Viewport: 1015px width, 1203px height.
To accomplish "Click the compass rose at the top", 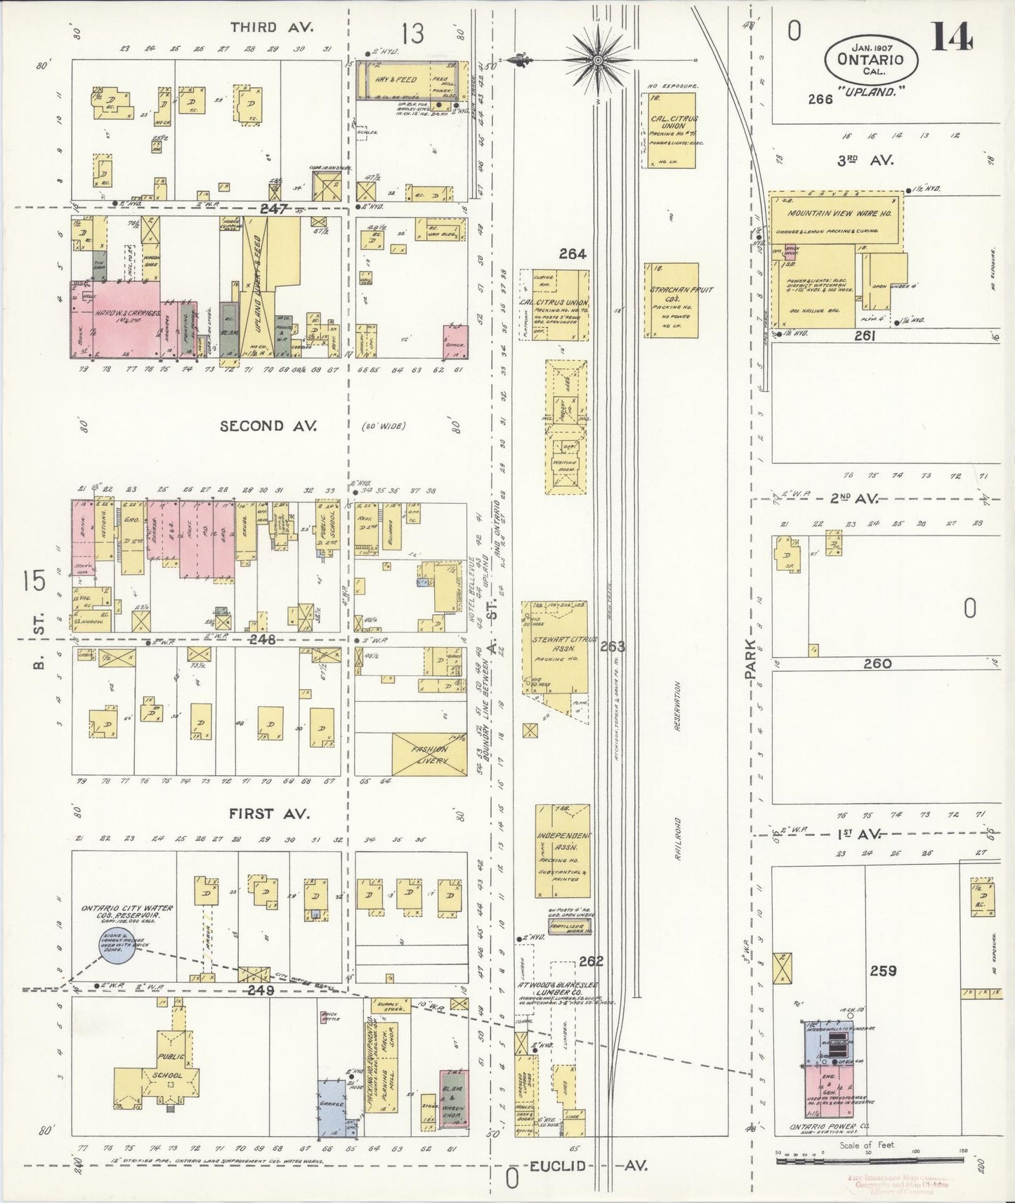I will (x=597, y=60).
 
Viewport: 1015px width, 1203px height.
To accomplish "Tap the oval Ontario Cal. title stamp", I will (x=870, y=59).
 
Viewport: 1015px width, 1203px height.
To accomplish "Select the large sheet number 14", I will (x=952, y=38).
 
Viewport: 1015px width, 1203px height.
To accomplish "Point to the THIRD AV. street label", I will (x=261, y=27).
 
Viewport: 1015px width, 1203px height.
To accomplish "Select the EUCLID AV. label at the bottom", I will (x=587, y=1166).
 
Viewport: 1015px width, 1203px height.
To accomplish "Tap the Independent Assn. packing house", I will (x=562, y=849).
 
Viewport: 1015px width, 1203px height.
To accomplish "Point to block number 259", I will (x=882, y=971).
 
